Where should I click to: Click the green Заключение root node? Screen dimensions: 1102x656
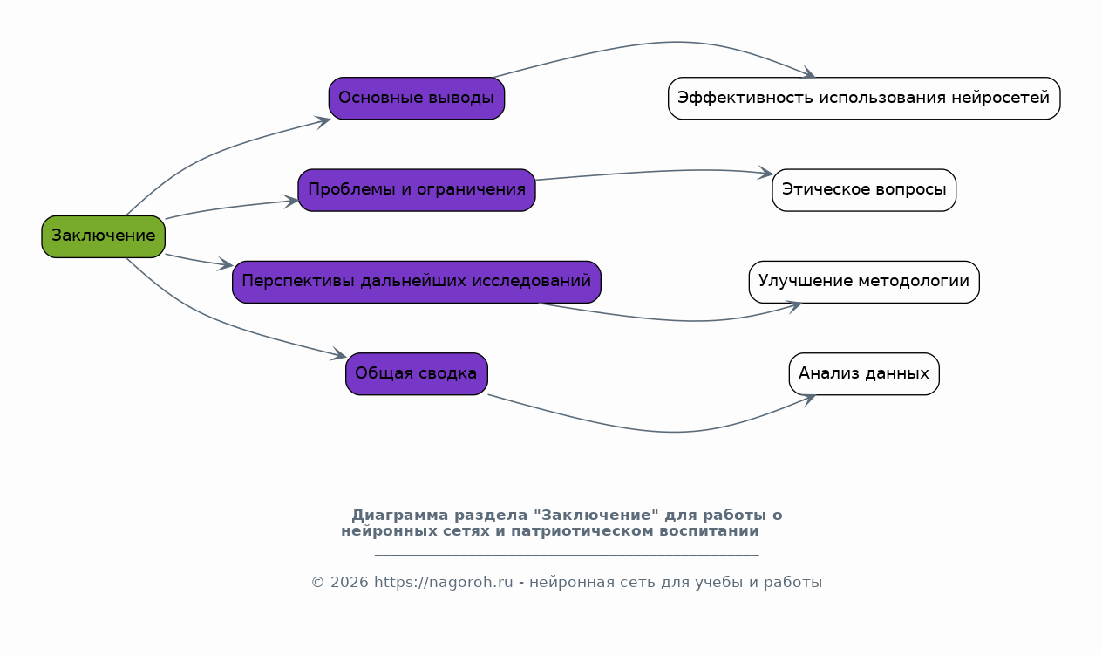pyautogui.click(x=103, y=236)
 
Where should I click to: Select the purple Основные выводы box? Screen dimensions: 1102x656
pyautogui.click(x=417, y=98)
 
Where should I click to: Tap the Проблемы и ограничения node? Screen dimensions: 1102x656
pyautogui.click(x=417, y=190)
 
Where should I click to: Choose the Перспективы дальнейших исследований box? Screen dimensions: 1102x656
pyautogui.click(x=417, y=282)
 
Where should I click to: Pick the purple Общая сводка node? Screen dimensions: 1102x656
pyautogui.click(x=417, y=373)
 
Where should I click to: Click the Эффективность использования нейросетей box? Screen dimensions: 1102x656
pyautogui.click(x=864, y=98)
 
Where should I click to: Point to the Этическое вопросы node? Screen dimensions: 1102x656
pyautogui.click(x=864, y=190)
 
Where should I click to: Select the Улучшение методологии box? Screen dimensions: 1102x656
pyautogui.click(x=864, y=282)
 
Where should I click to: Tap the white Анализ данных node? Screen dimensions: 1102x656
pyautogui.click(x=864, y=373)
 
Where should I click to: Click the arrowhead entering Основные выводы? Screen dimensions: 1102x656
pyautogui.click(x=323, y=121)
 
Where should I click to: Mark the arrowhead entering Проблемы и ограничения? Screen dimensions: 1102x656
pyautogui.click(x=291, y=202)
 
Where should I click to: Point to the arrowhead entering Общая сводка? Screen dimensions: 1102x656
pyautogui.click(x=339, y=354)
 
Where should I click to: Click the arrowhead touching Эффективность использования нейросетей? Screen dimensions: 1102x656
pyautogui.click(x=808, y=72)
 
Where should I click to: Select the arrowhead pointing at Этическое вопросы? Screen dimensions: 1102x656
pyautogui.click(x=766, y=172)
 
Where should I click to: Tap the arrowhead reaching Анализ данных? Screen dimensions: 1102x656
pyautogui.click(x=808, y=400)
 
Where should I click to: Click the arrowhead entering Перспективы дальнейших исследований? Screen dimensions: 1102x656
pyautogui.click(x=226, y=264)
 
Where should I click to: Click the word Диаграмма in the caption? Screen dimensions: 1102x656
pyautogui.click(x=400, y=516)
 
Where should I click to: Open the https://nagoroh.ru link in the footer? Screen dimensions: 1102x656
pyautogui.click(x=443, y=583)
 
